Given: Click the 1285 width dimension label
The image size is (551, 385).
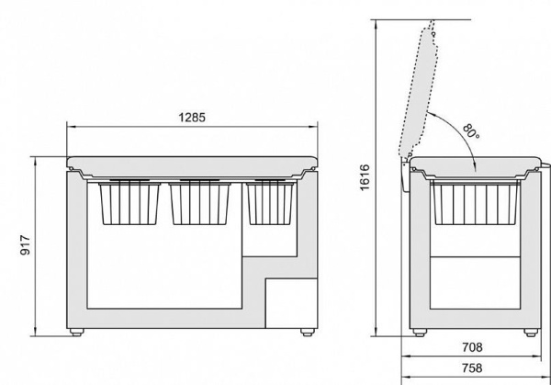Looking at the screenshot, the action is point(192,118).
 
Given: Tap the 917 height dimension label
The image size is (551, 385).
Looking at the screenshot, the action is point(26,245).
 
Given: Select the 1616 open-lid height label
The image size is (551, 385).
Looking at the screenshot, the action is point(365,177).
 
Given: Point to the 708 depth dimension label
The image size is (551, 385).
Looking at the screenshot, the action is point(472,347).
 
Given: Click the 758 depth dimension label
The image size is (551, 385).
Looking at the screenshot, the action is point(472,368).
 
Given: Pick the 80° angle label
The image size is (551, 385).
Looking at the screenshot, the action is point(471,130).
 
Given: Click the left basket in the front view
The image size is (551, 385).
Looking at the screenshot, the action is point(129,202).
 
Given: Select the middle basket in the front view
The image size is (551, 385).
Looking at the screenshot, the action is point(199,202).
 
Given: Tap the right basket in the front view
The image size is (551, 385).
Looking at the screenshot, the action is point(271,202).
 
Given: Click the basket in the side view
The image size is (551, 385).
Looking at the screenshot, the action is point(475,203).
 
